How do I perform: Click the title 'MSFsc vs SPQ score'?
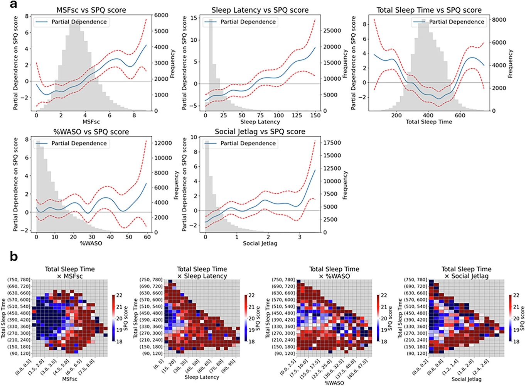pos(91,10)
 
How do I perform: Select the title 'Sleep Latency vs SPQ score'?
pos(260,10)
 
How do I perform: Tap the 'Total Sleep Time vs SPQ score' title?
pos(429,10)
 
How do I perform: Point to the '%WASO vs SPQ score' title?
pos(91,132)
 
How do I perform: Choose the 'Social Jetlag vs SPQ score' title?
pos(260,132)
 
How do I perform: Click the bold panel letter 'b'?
pos(14,256)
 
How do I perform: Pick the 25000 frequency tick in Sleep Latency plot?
pos(332,30)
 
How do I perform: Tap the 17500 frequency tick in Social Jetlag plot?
pos(332,143)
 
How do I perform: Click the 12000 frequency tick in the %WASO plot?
pos(163,143)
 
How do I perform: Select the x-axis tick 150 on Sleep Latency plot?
pos(315,115)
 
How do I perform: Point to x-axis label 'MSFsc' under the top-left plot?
pos(91,122)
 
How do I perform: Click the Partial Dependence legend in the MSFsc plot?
pos(71,22)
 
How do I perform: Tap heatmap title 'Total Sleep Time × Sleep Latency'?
pos(202,273)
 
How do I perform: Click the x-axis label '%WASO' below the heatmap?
pos(334,383)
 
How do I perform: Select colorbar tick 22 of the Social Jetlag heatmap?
pos(516,295)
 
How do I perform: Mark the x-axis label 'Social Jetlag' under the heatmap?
pos(466,379)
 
